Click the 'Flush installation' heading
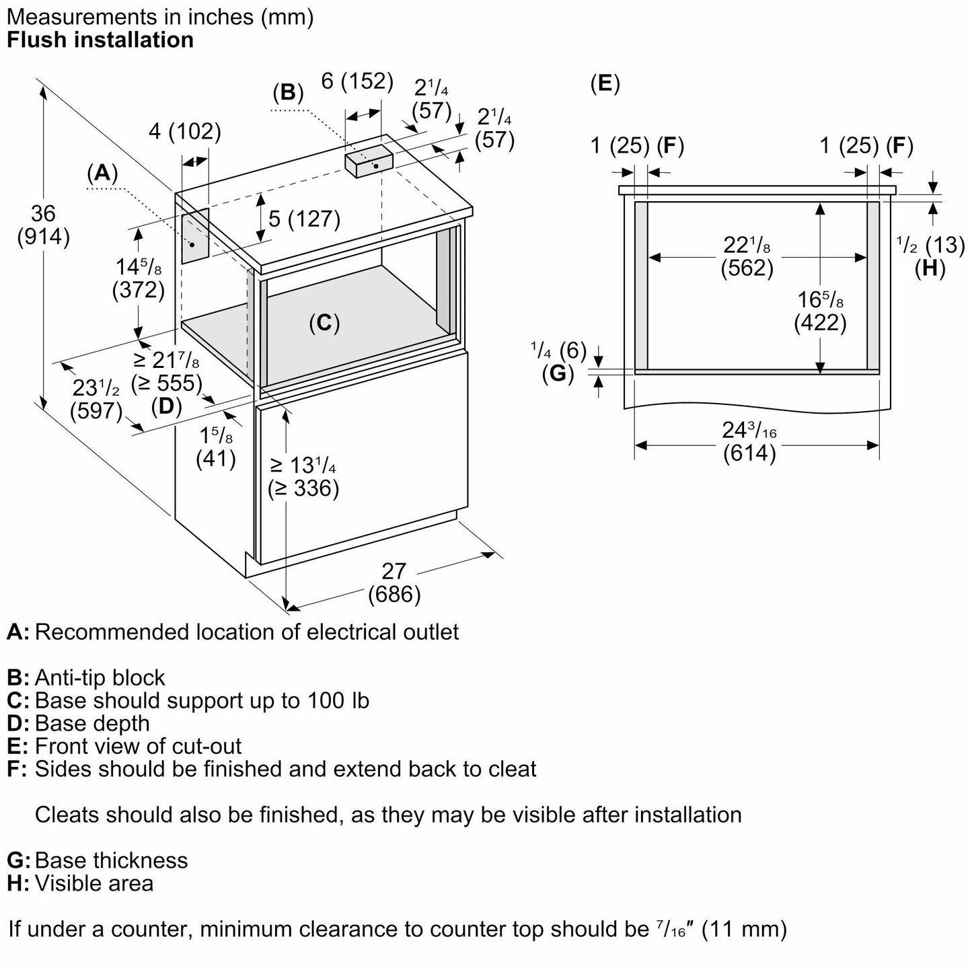tap(100, 40)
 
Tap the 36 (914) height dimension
tap(43, 225)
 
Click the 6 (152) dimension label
tap(357, 81)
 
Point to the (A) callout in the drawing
tap(102, 173)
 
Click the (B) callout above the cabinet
tap(288, 91)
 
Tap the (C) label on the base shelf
tap(324, 324)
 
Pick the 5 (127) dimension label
tap(304, 219)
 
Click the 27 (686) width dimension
tap(394, 583)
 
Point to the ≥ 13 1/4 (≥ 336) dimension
tap(303, 476)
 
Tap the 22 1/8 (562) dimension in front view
tap(747, 257)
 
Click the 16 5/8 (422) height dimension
tap(820, 311)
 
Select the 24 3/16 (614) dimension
tap(749, 441)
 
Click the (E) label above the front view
tap(605, 83)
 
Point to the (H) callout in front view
tap(930, 268)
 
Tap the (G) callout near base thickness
tap(558, 373)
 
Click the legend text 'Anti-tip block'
tap(100, 677)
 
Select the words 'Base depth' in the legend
tap(92, 723)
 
